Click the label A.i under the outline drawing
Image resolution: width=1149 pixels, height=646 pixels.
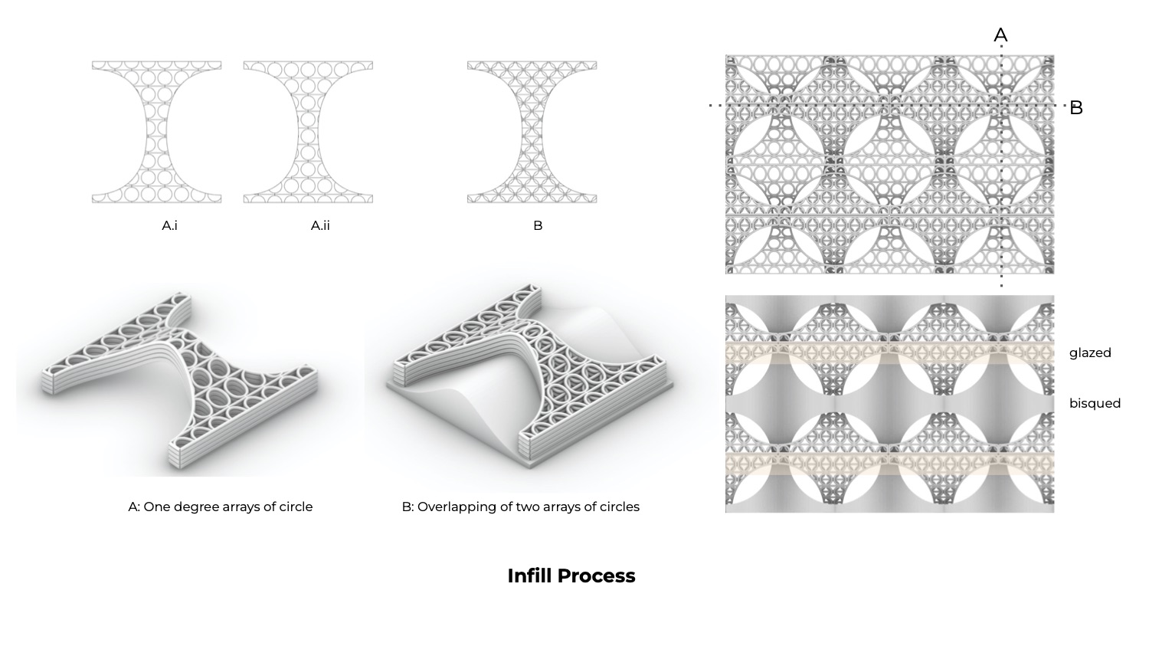pos(170,226)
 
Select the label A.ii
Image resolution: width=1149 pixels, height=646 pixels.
pos(321,226)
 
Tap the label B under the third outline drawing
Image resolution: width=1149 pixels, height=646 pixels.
pos(538,226)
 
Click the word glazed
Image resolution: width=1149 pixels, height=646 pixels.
pos(1090,353)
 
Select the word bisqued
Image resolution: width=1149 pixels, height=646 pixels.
pos(1095,403)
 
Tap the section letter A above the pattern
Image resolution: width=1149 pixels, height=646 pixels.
pos(1000,35)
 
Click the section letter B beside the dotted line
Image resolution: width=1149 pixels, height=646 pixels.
pos(1076,108)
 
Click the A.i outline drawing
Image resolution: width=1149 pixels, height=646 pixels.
pos(157,132)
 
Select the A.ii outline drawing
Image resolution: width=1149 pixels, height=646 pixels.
pos(308,132)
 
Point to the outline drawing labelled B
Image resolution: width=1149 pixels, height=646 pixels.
pos(532,132)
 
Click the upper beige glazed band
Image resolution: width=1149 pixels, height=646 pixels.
pos(889,353)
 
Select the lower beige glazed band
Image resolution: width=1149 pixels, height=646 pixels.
pos(889,464)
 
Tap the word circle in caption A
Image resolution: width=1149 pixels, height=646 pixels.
pos(296,507)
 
